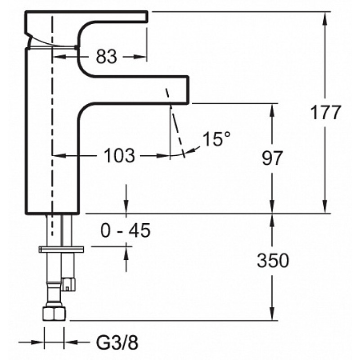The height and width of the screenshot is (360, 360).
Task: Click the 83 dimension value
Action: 106,57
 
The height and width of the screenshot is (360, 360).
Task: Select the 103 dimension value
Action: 119,156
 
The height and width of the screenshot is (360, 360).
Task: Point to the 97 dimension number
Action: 272,158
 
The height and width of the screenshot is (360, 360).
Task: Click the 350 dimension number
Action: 273,261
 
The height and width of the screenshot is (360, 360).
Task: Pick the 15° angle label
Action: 216,139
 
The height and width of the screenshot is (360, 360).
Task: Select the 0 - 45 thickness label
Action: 126,230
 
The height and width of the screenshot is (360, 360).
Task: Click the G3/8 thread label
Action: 117,343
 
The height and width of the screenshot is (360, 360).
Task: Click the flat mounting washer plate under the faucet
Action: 61,249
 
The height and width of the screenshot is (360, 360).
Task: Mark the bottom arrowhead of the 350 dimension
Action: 272,313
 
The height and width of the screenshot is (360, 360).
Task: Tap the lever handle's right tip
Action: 147,17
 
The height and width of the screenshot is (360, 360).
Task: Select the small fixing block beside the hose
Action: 68,284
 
